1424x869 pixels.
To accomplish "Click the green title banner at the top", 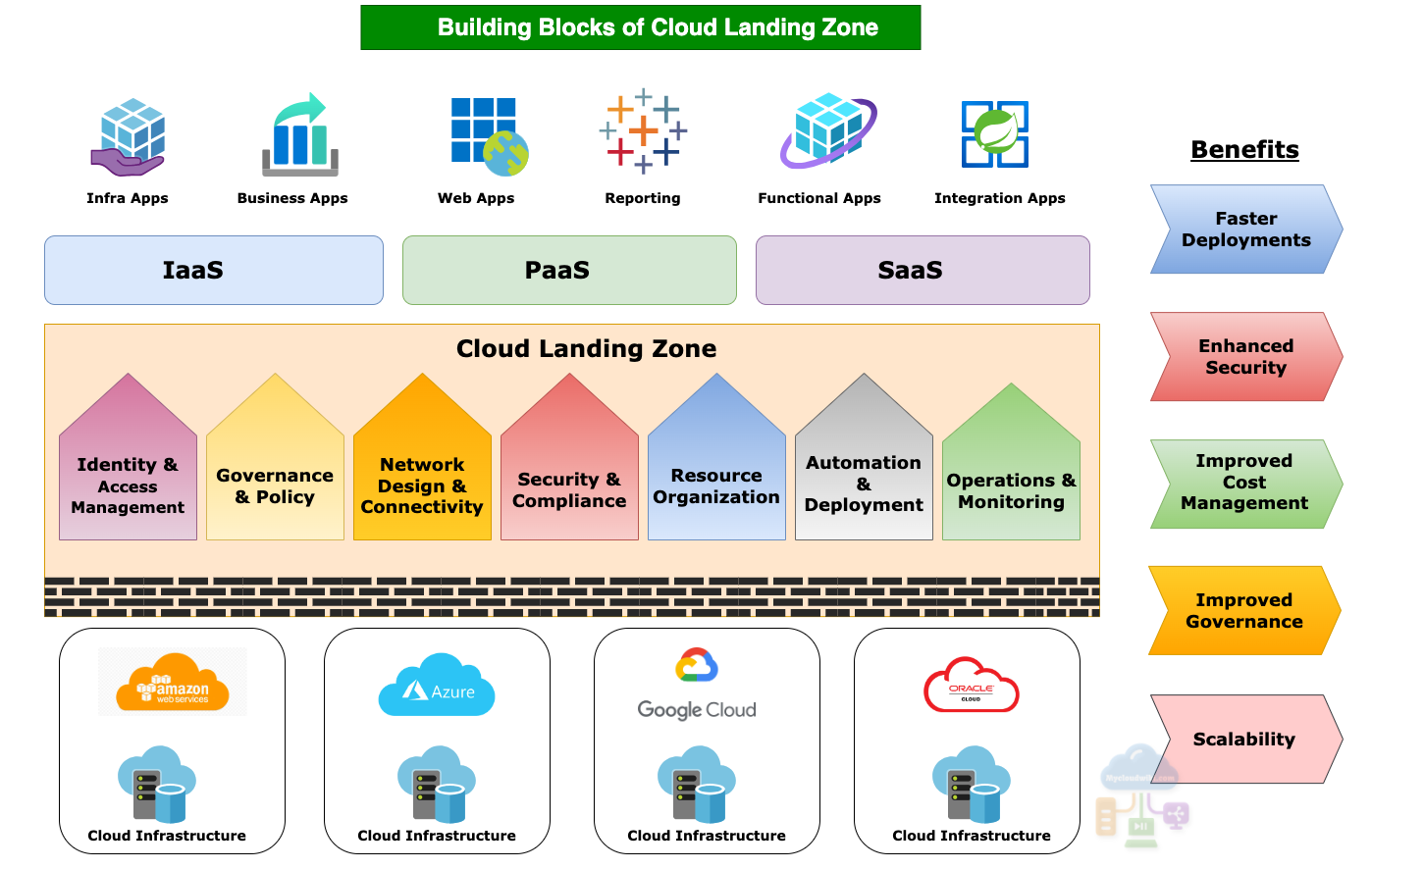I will tap(640, 27).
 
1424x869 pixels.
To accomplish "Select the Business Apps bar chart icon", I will tap(299, 135).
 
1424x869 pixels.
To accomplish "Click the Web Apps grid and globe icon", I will tap(488, 135).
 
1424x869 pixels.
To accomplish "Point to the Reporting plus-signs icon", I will tap(643, 130).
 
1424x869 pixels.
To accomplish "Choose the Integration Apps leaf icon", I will tap(995, 133).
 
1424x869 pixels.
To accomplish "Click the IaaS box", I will tap(213, 270).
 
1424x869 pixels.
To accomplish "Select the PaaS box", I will tap(569, 270).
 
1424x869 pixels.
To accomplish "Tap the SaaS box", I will tap(922, 270).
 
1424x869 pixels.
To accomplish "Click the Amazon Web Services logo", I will tap(173, 682).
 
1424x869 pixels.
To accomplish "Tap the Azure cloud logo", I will tap(437, 685).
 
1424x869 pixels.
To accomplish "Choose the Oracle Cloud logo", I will tap(971, 686).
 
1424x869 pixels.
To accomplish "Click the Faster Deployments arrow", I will tap(1244, 230).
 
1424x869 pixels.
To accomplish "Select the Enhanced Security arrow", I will tap(1244, 357).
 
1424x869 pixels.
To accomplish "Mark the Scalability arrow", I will tap(1244, 740).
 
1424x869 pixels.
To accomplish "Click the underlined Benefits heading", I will tap(1244, 149).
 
